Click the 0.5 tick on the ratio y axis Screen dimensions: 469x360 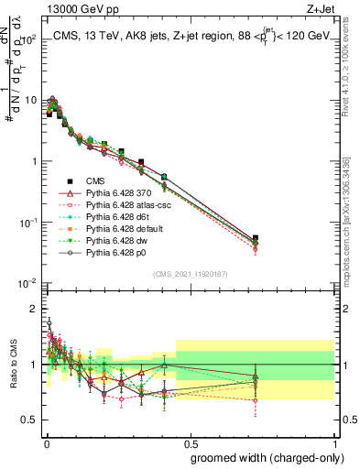[x=33, y=422]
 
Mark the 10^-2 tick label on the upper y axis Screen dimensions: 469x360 [x=27, y=283]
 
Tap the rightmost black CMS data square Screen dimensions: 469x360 [x=256, y=238]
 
